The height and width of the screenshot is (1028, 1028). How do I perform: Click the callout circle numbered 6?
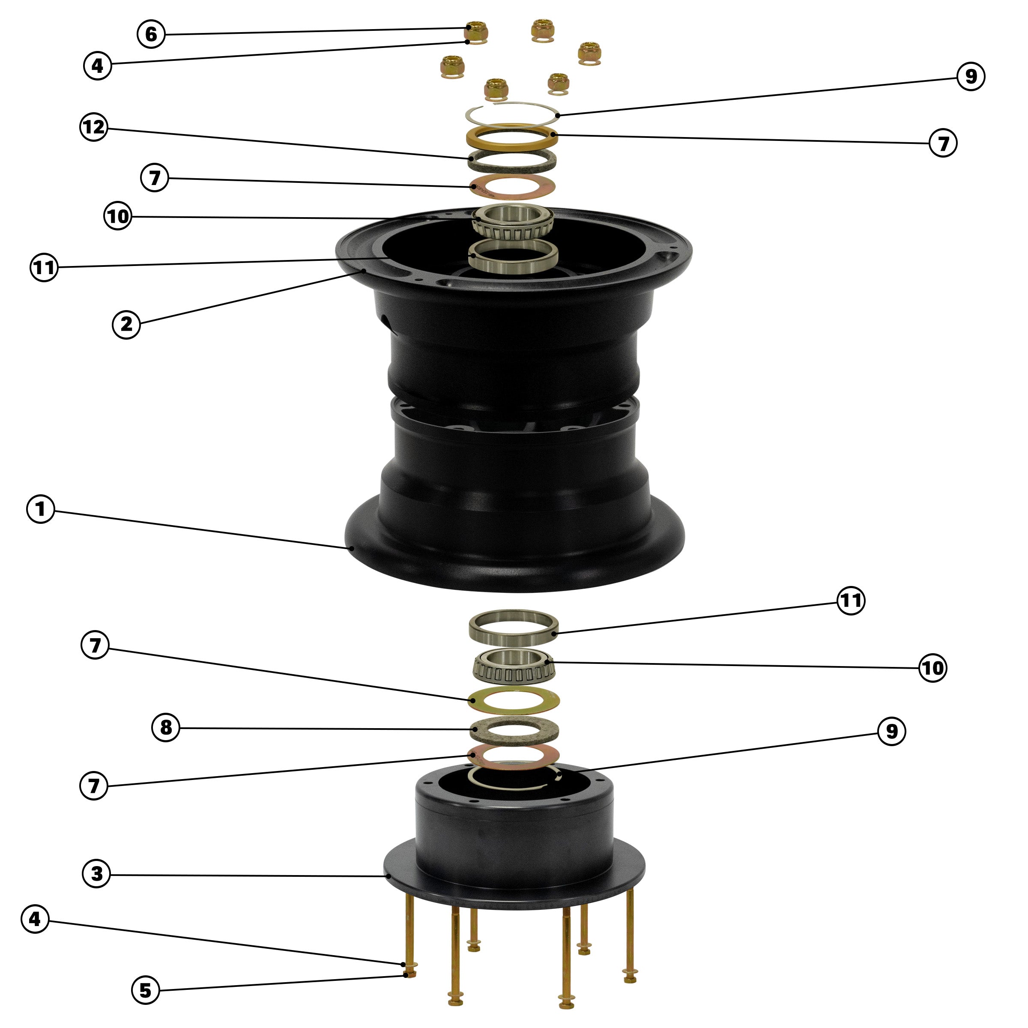click(x=151, y=34)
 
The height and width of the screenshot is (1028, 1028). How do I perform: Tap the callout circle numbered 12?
click(x=94, y=128)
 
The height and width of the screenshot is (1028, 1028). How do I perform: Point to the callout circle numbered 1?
click(x=40, y=509)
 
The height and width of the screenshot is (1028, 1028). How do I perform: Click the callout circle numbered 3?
click(x=96, y=874)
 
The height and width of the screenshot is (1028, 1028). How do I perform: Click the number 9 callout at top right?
click(x=971, y=77)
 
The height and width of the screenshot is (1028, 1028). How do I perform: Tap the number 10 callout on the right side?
click(x=933, y=668)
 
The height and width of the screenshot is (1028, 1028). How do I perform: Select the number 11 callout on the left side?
click(x=44, y=267)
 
